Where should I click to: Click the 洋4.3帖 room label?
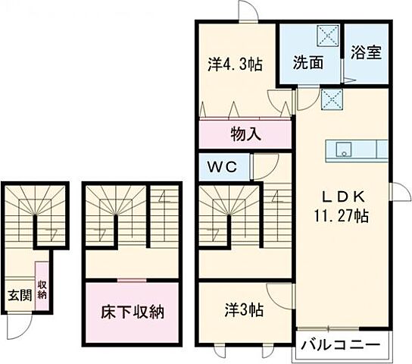pyautogui.click(x=235, y=64)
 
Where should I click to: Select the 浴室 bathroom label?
pyautogui.click(x=366, y=53)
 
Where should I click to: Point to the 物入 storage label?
pyautogui.click(x=245, y=135)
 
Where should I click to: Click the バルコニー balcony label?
pyautogui.click(x=340, y=345)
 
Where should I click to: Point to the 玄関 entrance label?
pyautogui.click(x=19, y=295)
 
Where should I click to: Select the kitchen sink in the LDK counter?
pyautogui.click(x=339, y=149)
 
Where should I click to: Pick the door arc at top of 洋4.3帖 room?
pyautogui.click(x=249, y=11)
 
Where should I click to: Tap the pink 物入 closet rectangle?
pyautogui.click(x=245, y=135)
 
